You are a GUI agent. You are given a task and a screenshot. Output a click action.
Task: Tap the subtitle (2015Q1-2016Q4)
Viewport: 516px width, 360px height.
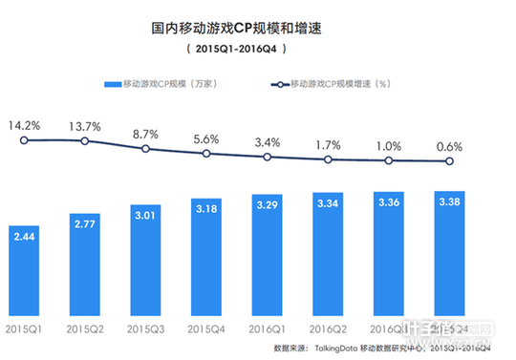coord(258,48)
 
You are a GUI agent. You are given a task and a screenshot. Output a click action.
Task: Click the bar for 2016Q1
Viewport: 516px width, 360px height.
coord(267,244)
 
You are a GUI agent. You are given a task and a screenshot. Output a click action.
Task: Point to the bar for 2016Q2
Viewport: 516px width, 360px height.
coord(327,243)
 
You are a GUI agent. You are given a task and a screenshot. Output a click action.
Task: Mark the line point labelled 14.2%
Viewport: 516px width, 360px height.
coord(24,140)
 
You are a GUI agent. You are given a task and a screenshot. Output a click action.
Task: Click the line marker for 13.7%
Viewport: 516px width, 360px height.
coord(85,141)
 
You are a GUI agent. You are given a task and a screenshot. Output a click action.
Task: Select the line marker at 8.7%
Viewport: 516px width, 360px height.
coord(145,150)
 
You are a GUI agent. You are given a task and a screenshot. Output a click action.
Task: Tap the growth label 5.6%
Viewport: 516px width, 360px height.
coord(206,138)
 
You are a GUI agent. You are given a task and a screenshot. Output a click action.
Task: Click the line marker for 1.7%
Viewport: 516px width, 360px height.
coord(327,159)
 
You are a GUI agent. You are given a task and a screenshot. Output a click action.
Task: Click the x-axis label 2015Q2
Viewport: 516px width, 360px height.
coord(85,329)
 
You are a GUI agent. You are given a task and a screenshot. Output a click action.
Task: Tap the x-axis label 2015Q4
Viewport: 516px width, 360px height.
coord(205,329)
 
